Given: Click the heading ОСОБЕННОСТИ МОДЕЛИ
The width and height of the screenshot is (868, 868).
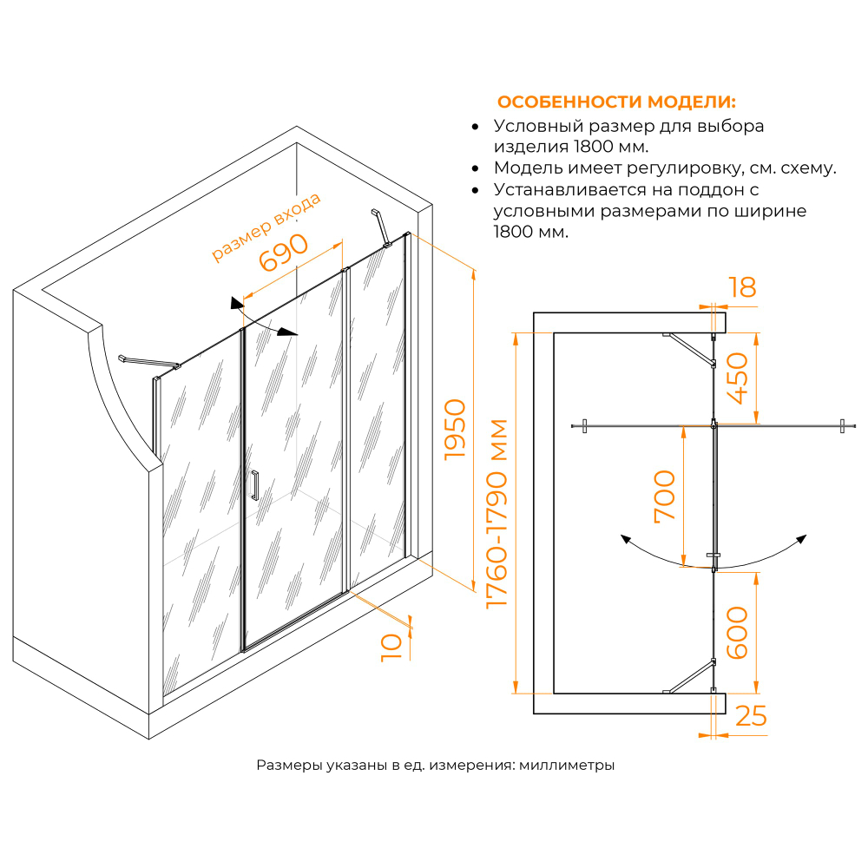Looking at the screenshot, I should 616,102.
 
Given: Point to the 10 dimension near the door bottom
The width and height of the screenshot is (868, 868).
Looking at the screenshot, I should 391,647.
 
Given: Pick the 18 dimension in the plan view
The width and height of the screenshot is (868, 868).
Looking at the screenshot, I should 742,287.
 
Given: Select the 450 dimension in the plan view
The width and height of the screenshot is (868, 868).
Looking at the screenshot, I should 739,378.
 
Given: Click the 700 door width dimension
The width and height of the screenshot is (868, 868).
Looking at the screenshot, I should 664,495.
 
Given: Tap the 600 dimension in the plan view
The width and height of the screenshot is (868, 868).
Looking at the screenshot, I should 737,632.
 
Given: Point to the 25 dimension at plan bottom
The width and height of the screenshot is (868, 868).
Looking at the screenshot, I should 751,716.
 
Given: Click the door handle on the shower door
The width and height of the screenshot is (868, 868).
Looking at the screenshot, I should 254,485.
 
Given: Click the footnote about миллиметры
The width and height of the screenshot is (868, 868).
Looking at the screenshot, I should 436,766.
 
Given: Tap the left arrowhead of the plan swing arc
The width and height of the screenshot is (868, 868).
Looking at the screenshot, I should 624,539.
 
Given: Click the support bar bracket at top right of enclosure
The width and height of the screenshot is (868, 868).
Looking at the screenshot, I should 378,227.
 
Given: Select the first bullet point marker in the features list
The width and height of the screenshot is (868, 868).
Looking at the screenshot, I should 475,127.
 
